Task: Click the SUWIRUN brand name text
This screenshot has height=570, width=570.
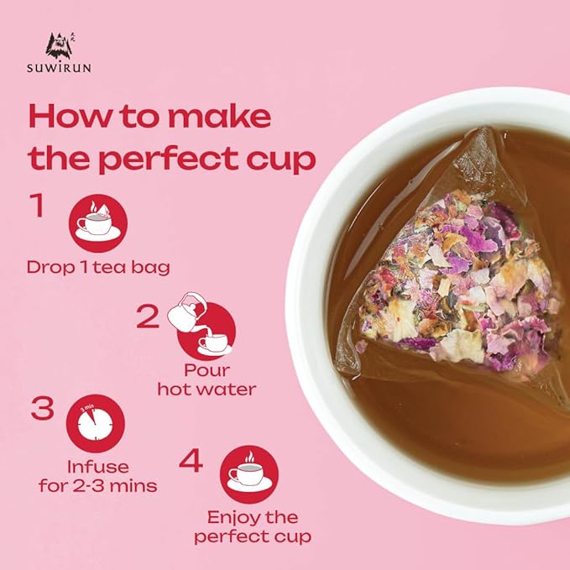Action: pyautogui.click(x=59, y=68)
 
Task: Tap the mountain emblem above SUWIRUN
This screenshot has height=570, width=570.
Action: pyautogui.click(x=60, y=46)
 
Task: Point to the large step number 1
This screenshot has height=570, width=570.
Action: pyautogui.click(x=37, y=206)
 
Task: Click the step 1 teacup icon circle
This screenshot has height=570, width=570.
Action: pyautogui.click(x=97, y=223)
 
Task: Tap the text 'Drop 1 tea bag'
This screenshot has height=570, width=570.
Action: pyautogui.click(x=98, y=268)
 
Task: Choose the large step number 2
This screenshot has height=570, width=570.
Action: pyautogui.click(x=149, y=316)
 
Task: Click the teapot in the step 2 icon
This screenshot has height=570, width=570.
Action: pyautogui.click(x=186, y=311)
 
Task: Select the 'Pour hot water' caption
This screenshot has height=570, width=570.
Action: pyautogui.click(x=207, y=380)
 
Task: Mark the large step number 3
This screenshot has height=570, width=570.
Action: pyautogui.click(x=42, y=408)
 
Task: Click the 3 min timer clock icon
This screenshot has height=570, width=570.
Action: pyautogui.click(x=96, y=423)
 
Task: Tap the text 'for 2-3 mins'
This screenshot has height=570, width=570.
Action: pyautogui.click(x=97, y=486)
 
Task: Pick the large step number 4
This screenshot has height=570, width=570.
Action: pyautogui.click(x=191, y=460)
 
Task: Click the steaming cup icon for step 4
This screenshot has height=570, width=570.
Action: pyautogui.click(x=249, y=474)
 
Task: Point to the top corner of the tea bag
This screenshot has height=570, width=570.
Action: pyautogui.click(x=486, y=128)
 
